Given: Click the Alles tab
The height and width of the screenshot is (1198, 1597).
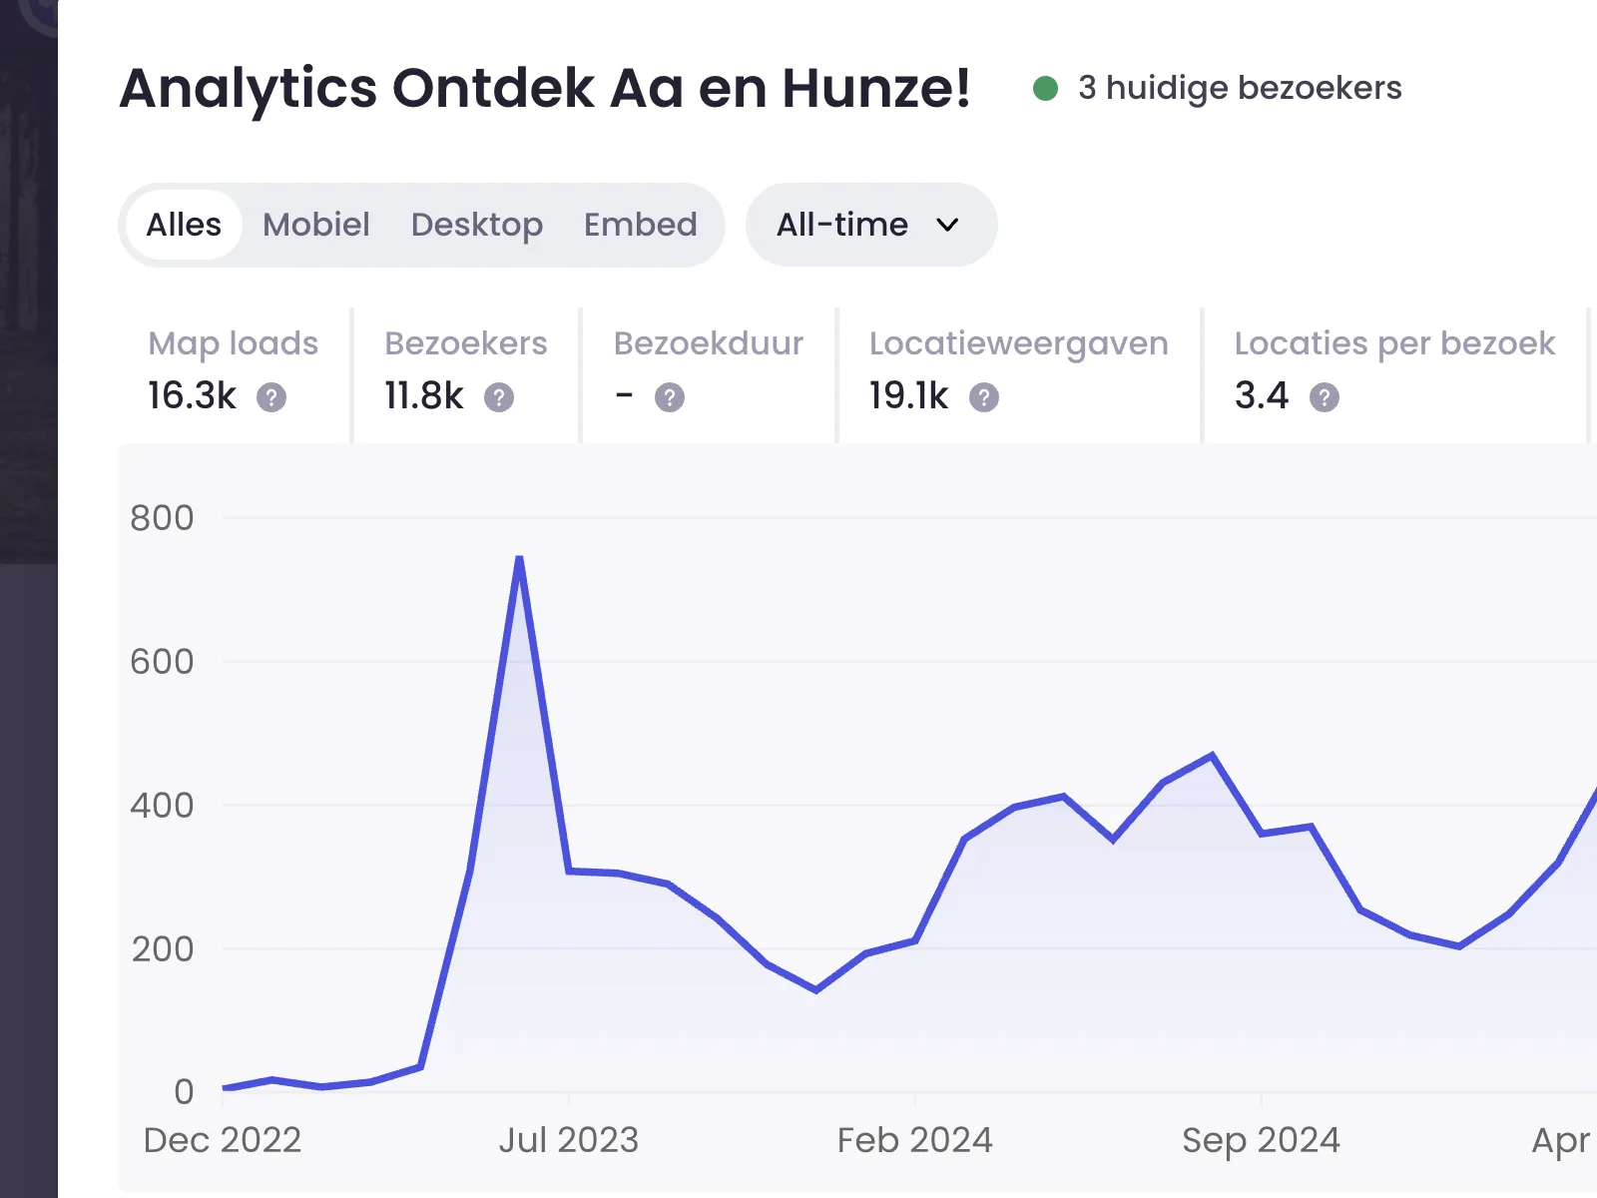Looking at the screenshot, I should (x=184, y=225).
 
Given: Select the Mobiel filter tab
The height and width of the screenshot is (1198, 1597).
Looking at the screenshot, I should (x=315, y=225).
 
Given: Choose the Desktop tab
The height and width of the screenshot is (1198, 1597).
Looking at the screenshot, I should (x=476, y=225).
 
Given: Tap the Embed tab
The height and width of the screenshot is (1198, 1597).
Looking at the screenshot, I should (x=640, y=225).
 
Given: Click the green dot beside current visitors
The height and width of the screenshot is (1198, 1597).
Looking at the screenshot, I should (x=1045, y=89).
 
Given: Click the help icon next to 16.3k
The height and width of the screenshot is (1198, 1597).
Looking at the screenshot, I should (x=271, y=398).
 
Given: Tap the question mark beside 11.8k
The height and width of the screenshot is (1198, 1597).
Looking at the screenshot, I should (x=499, y=398).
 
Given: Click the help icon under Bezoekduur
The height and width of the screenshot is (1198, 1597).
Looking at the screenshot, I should (x=670, y=398).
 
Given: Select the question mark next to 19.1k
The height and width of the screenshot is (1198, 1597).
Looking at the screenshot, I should (x=984, y=398).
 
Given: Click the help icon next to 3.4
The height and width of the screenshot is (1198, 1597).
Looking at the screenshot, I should (x=1325, y=398).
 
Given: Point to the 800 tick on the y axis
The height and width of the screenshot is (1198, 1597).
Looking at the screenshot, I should (x=162, y=518).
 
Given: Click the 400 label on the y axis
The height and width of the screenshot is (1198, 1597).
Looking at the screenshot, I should (x=162, y=806).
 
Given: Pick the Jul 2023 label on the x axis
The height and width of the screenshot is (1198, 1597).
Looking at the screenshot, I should (x=568, y=1140).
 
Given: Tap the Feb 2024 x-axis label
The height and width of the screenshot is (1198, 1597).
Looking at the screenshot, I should (x=914, y=1140).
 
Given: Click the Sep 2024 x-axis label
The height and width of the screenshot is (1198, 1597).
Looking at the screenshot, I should (x=1261, y=1140).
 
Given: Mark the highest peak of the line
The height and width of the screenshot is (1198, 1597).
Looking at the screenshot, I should (x=519, y=558).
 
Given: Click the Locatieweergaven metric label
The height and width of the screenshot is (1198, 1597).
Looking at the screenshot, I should (x=1018, y=343).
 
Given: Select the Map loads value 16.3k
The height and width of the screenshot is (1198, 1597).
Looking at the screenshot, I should (x=192, y=396).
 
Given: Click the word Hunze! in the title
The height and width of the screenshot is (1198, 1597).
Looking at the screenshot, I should (x=875, y=88).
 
